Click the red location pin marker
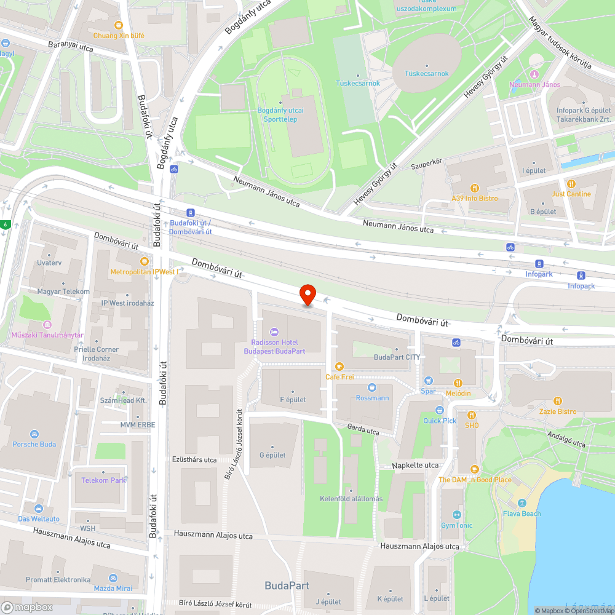307,295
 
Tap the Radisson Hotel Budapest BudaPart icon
274,332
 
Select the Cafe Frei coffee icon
339,367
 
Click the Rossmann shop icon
372,387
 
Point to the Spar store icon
429,381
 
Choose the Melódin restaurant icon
458,383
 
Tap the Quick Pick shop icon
440,410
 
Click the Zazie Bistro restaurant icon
558,401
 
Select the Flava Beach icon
522,503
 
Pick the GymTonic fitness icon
456,515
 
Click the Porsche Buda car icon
34,434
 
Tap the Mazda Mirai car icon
113,578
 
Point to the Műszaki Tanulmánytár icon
47,325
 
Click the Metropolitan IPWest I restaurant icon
145,261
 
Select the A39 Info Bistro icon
474,188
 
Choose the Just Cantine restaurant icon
571,183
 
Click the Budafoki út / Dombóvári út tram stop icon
191,212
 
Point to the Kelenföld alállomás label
351,499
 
